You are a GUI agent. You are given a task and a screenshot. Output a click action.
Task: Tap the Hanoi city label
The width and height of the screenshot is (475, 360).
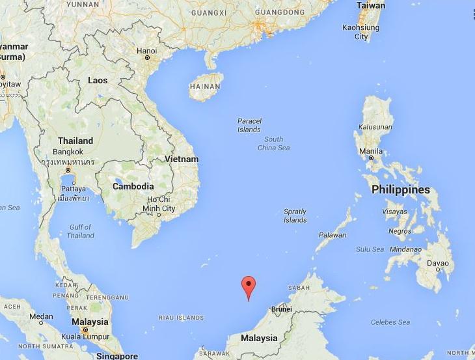(148, 50)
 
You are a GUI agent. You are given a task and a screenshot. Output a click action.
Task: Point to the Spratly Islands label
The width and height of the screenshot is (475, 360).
(295, 216)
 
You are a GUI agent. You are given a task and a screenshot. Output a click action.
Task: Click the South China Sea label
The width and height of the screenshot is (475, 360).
(273, 143)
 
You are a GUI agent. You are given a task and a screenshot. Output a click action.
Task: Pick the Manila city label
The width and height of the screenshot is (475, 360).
(371, 151)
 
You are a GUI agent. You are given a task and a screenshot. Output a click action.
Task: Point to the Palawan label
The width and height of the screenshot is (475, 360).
(332, 235)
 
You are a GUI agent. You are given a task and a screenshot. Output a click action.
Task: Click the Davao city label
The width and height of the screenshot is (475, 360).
(437, 263)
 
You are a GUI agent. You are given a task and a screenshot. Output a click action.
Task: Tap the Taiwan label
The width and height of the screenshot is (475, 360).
(370, 5)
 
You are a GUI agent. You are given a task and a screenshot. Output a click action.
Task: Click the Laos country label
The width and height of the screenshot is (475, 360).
(98, 79)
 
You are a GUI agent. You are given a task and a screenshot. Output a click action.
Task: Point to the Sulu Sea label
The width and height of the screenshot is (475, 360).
(371, 249)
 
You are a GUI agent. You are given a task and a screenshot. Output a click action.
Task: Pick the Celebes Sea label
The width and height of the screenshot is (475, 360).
(390, 322)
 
